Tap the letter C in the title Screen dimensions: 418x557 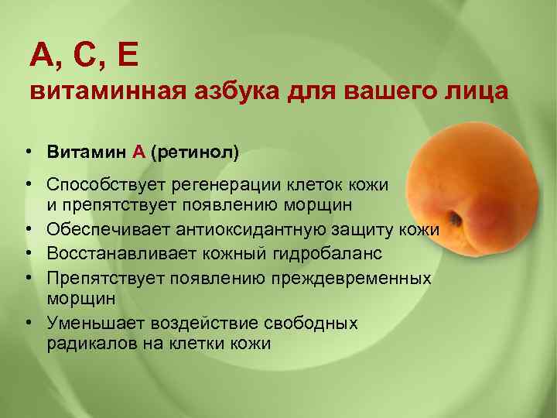pos(84,55)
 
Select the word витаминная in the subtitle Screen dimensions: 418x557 pos(102,92)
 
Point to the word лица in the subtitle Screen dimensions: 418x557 pos(478,92)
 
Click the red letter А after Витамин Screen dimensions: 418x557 pos(138,152)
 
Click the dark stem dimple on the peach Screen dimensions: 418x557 pos(456,218)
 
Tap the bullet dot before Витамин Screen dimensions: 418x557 pos(27,152)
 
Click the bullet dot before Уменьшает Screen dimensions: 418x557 pos(27,320)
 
